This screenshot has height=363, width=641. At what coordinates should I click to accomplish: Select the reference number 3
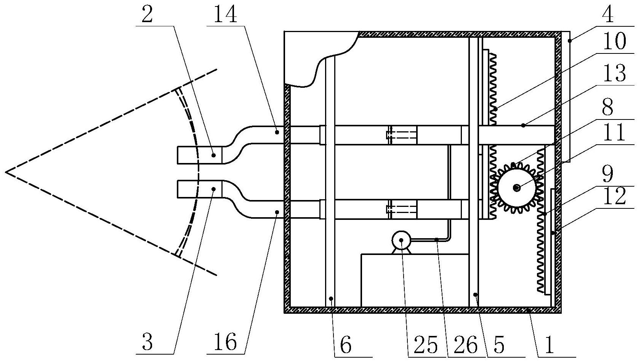point(147,342)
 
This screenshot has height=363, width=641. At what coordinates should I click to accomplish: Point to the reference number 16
point(226,342)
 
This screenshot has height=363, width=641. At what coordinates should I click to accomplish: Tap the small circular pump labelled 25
point(401,240)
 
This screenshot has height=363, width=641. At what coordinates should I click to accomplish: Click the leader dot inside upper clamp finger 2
point(214,155)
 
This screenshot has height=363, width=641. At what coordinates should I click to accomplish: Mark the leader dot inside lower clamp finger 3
point(214,189)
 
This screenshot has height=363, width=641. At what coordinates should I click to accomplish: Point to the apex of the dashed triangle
point(6,172)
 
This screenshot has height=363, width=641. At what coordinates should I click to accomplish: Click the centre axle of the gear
point(517,188)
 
